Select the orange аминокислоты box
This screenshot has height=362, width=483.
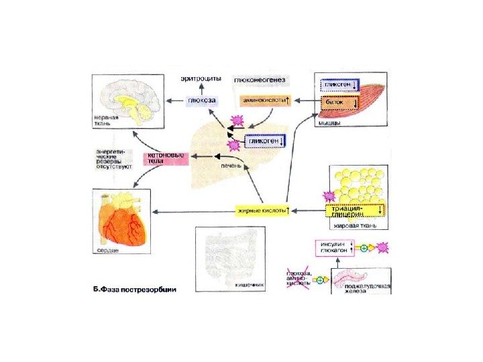[263, 101]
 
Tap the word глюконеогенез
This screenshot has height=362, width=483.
[260, 81]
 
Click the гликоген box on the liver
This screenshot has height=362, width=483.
[264, 141]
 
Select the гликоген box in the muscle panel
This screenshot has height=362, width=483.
[339, 86]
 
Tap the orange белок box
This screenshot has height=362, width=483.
[339, 102]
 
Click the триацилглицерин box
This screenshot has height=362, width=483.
[355, 210]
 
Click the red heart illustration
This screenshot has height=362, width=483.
[123, 222]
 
